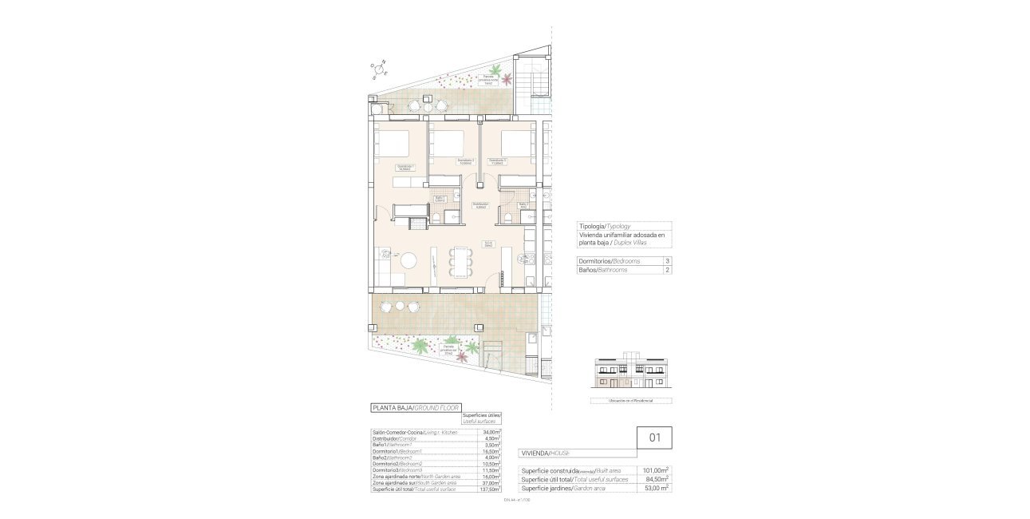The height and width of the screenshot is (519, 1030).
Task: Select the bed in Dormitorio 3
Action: [x=516, y=144]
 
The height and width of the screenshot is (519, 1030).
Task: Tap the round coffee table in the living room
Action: [x=408, y=260]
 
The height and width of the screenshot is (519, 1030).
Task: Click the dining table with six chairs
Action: [x=460, y=260]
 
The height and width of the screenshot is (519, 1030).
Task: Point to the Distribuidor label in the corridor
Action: [x=480, y=204]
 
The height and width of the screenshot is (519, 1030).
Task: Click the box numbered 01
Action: [x=654, y=438]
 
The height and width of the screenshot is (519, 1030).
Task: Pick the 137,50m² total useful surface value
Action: [x=487, y=489]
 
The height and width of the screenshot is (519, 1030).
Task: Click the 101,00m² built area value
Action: [x=656, y=471]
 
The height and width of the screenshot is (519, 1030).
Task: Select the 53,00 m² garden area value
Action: [x=656, y=488]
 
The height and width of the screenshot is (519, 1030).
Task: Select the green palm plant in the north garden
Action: [x=497, y=69]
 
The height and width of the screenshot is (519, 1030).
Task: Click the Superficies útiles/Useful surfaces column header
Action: [x=483, y=419]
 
